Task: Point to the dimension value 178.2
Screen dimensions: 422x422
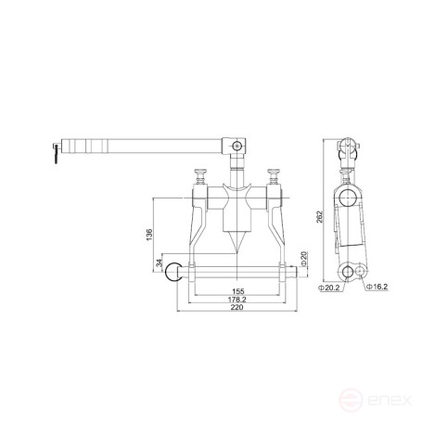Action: (x=238, y=300)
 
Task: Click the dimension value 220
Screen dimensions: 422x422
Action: (x=238, y=312)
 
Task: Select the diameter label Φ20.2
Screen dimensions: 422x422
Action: (x=329, y=287)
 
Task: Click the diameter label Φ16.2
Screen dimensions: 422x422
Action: (x=375, y=287)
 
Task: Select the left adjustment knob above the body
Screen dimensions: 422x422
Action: (x=200, y=173)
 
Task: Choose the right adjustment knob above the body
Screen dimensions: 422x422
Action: (x=274, y=173)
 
